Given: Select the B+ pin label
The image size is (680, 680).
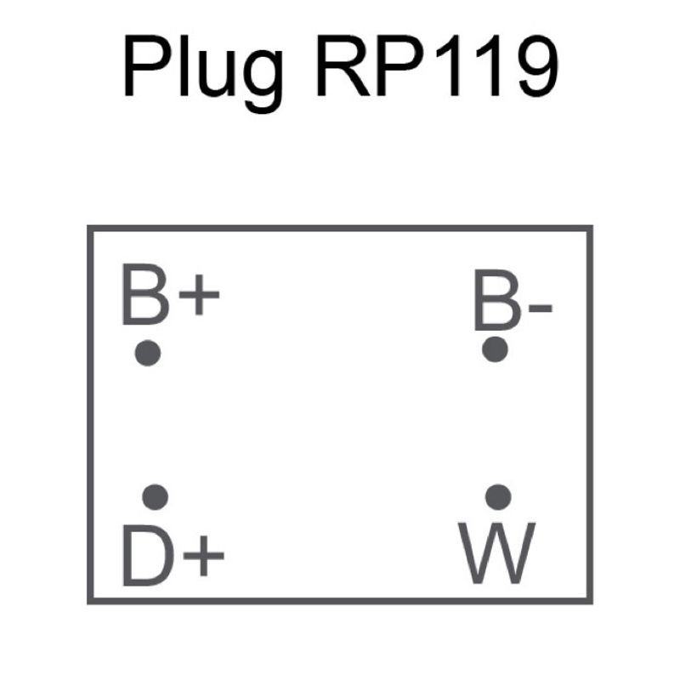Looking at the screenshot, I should pyautogui.click(x=170, y=295).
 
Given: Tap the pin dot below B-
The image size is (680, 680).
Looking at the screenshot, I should pyautogui.click(x=495, y=348).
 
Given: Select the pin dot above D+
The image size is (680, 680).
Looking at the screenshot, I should pyautogui.click(x=155, y=496).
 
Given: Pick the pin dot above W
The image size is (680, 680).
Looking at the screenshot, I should pyautogui.click(x=498, y=496).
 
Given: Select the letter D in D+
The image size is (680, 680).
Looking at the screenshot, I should pyautogui.click(x=144, y=556).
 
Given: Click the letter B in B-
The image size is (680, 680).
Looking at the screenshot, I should pyautogui.click(x=496, y=302).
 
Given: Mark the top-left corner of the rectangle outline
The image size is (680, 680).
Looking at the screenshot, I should pyautogui.click(x=90, y=229).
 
